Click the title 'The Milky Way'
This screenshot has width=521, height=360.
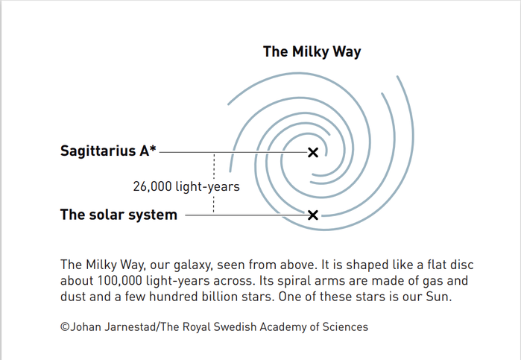(312, 51)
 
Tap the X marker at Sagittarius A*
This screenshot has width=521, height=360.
(313, 152)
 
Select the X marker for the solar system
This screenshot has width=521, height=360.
(313, 215)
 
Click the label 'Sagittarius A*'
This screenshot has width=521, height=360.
(108, 151)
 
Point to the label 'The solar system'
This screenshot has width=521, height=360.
(119, 215)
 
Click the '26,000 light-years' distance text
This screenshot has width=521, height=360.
(186, 186)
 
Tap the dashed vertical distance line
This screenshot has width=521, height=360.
(214, 168)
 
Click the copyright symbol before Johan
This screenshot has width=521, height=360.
(65, 326)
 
